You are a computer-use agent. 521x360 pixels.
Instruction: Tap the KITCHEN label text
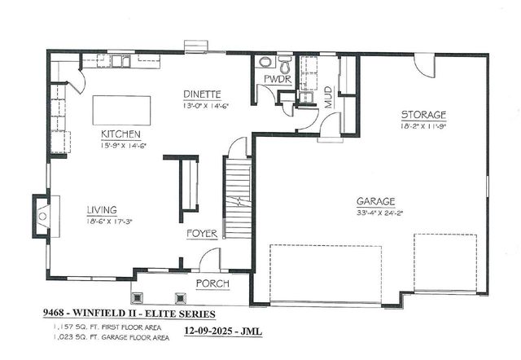click(121, 134)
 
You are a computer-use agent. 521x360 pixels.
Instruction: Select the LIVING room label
click(103, 209)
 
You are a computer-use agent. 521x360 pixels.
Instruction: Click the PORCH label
click(211, 283)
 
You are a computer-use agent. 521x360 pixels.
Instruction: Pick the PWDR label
click(276, 78)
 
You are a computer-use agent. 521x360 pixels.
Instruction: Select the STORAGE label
click(422, 115)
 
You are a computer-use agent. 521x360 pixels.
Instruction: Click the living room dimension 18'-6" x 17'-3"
click(110, 220)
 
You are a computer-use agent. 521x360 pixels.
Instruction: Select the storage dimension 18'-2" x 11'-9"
click(423, 126)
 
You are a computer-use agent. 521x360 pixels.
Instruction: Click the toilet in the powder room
click(285, 62)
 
